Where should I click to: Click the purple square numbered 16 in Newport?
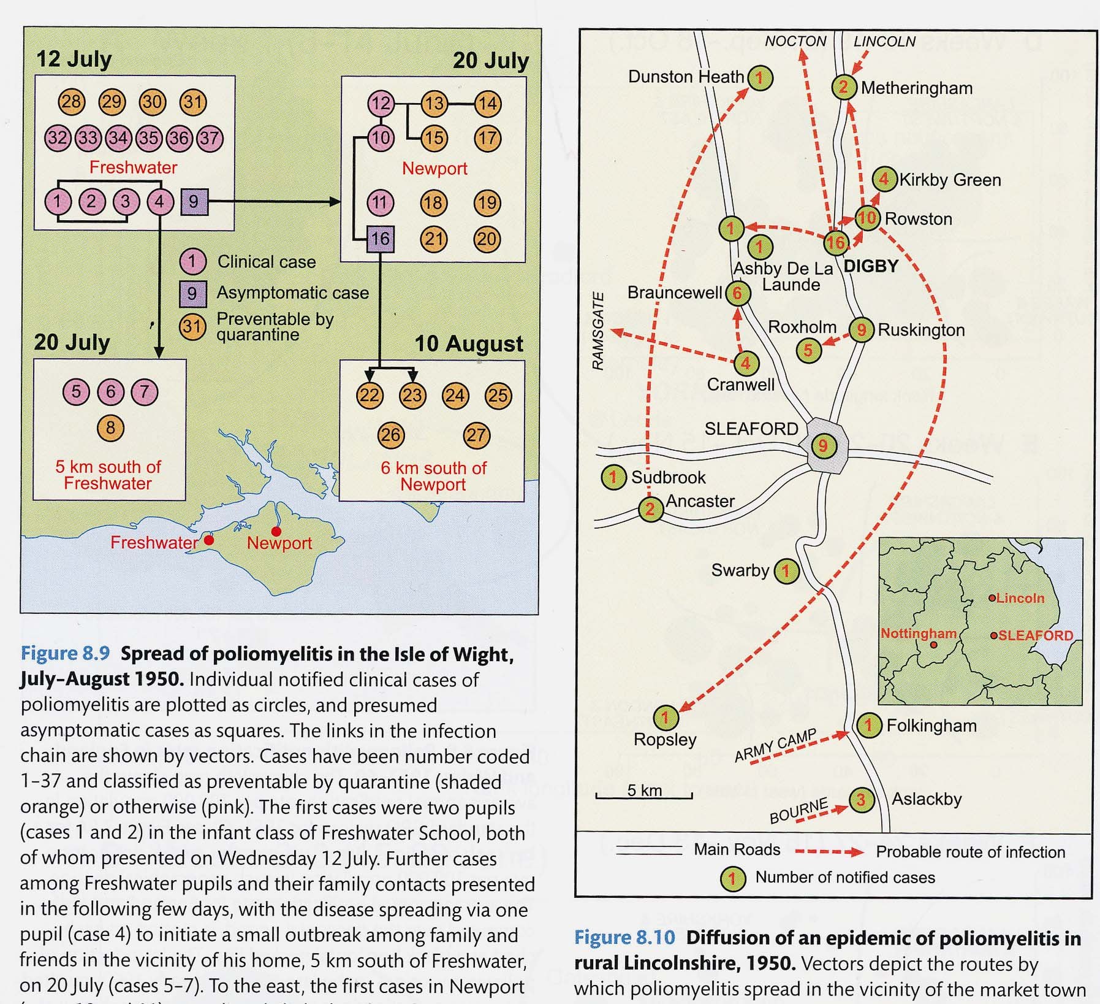tap(380, 239)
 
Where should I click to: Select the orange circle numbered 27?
tap(476, 435)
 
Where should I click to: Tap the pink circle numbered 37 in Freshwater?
tap(209, 138)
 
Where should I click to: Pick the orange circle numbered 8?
tap(110, 428)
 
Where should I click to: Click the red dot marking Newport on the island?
tap(276, 531)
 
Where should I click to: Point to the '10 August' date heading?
tap(469, 343)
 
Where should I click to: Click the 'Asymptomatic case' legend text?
tap(292, 293)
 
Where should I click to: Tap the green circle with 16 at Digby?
tap(835, 243)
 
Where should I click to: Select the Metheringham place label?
tap(916, 88)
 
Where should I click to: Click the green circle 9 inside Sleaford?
tap(823, 446)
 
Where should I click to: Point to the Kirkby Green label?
tap(950, 180)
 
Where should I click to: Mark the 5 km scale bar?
tap(643, 796)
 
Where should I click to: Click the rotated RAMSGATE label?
tap(598, 331)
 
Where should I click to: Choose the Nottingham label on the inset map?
tap(918, 634)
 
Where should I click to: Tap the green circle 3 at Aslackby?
tap(861, 800)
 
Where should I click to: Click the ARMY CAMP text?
tap(775, 745)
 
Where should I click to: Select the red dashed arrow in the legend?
tap(829, 852)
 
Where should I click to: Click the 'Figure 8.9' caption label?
tap(65, 653)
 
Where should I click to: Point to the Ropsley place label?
tap(665, 740)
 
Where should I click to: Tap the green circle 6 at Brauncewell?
tap(737, 294)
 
